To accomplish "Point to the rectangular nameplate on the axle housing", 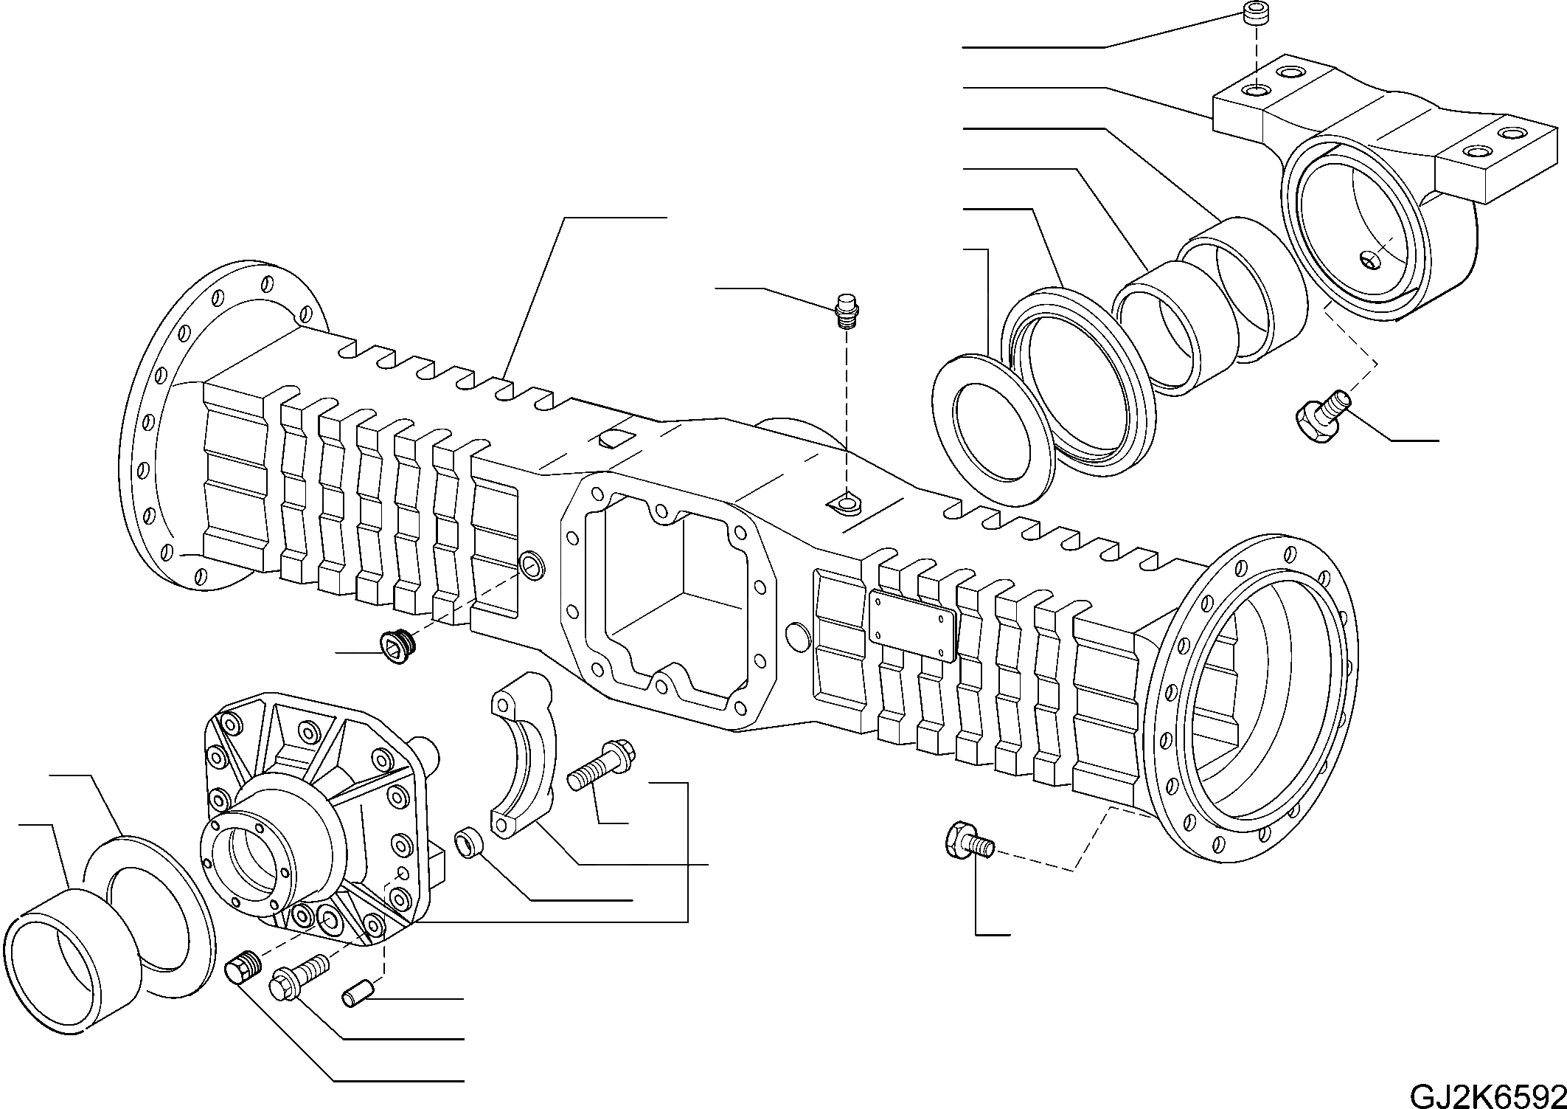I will (x=912, y=626).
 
